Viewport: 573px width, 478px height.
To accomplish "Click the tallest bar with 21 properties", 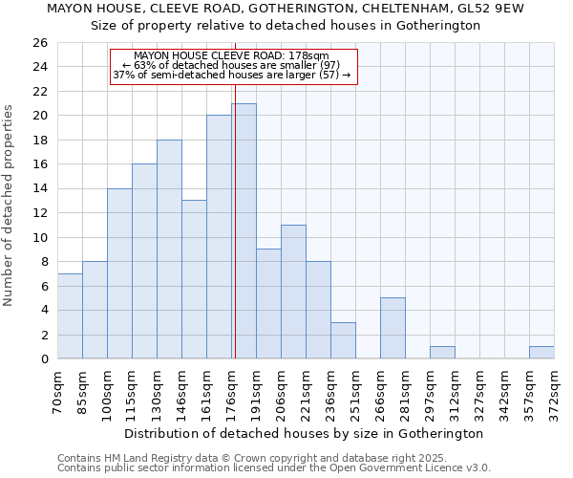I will (x=244, y=231).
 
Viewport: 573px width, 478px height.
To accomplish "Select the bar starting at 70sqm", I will (x=70, y=316).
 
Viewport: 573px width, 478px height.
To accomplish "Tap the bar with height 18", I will (x=169, y=250).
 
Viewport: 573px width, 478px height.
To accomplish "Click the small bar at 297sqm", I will (x=442, y=353).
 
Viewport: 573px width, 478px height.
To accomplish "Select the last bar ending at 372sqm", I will (x=541, y=353).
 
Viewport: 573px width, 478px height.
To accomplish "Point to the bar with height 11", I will (x=293, y=292).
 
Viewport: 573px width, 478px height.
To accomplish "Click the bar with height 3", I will (x=343, y=340).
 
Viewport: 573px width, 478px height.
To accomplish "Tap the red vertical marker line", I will (x=235, y=220).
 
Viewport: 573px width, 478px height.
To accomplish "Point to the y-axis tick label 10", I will (x=40, y=237).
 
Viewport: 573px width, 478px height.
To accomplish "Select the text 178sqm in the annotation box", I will (x=309, y=56).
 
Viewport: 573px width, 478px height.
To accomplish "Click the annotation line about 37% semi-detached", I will (x=232, y=75).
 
